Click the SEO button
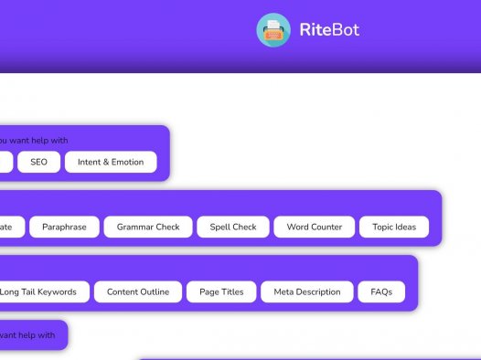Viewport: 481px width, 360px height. tap(38, 162)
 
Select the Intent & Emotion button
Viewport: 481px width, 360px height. tap(111, 162)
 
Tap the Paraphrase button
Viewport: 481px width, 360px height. tap(64, 227)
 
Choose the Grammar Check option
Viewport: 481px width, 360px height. tap(148, 227)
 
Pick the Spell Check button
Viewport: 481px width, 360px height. tap(233, 227)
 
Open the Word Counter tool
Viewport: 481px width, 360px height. tap(315, 227)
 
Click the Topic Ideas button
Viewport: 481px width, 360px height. tap(393, 227)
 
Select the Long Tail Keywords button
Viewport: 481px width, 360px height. tap(44, 291)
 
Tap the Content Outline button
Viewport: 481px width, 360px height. tap(138, 291)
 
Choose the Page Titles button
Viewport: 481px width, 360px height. tap(221, 291)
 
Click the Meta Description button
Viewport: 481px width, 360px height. tap(307, 291)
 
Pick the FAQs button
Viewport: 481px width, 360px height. tap(381, 291)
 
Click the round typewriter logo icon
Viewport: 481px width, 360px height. tap(273, 30)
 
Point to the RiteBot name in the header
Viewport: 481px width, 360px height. tap(329, 30)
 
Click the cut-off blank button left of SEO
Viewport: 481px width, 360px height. tap(5, 162)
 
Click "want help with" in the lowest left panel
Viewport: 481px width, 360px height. tap(27, 334)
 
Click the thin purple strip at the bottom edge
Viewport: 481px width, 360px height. tap(311, 358)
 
